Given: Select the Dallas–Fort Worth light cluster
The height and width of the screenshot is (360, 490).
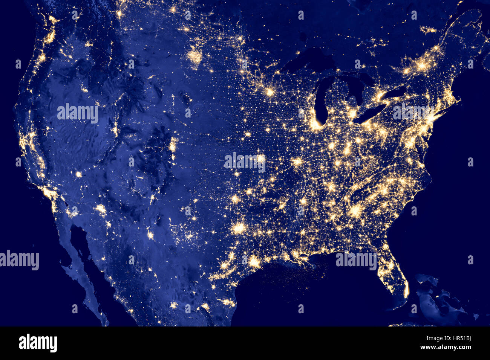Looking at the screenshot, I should (x=239, y=228).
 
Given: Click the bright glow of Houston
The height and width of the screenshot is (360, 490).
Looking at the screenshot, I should (x=254, y=261).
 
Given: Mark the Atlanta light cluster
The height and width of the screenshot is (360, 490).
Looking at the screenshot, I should (x=355, y=211).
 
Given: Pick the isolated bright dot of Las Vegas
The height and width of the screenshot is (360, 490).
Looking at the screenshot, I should (x=78, y=174).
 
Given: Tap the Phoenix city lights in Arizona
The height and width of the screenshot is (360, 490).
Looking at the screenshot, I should (x=101, y=208).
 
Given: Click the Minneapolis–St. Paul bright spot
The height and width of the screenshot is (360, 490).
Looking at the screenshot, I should (x=270, y=92).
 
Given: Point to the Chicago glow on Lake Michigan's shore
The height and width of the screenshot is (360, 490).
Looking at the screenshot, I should (x=318, y=124).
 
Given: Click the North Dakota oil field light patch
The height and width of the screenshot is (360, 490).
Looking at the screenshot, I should (x=195, y=56).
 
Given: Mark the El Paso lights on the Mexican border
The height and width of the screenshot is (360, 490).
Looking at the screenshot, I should (x=150, y=236).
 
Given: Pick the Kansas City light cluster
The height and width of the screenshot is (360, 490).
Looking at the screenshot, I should (x=260, y=159).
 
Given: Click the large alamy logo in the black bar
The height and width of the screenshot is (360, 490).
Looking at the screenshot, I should (x=38, y=343).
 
